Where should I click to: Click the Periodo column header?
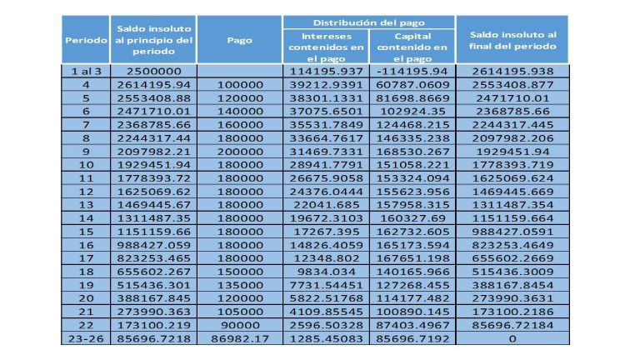click(x=86, y=40)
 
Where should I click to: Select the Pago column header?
click(x=240, y=40)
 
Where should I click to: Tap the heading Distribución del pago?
click(x=368, y=22)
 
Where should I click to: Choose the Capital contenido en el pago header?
click(x=412, y=47)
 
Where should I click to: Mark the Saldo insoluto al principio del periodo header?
click(x=154, y=40)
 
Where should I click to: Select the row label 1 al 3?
click(x=86, y=72)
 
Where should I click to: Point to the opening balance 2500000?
click(x=154, y=72)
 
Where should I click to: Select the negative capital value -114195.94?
click(x=412, y=72)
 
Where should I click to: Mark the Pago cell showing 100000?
click(x=240, y=85)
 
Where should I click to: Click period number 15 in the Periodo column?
click(x=86, y=231)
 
